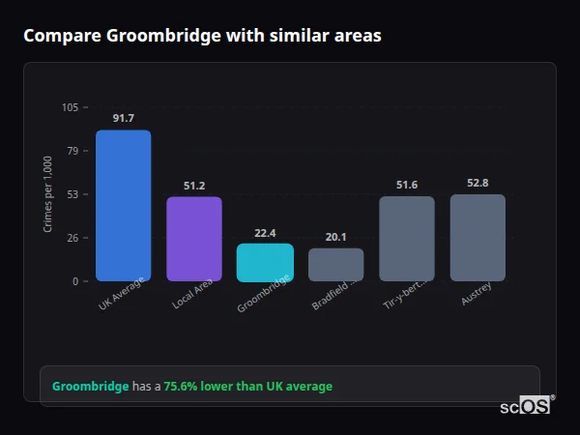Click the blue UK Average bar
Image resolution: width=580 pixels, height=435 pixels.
123,206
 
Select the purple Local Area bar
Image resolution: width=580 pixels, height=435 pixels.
194,239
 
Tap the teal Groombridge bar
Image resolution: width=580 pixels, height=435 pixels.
265,263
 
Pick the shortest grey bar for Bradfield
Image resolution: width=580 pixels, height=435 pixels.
335,265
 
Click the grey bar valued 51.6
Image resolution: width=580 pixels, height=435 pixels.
407,239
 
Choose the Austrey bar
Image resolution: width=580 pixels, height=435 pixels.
478,238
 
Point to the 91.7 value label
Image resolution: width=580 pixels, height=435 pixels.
123,118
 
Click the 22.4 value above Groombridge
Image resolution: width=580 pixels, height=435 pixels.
265,233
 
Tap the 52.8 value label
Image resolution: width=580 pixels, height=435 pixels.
478,183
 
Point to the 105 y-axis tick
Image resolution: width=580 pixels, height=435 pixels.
70,107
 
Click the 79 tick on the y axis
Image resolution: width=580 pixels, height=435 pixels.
72,151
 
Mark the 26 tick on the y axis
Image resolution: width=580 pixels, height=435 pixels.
72,238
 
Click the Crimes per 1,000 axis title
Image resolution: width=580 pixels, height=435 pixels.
48,193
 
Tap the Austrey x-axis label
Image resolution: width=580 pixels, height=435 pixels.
476,293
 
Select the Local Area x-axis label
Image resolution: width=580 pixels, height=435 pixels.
192,295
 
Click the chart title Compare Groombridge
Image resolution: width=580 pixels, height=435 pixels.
202,36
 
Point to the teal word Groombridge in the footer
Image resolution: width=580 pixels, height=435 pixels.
90,386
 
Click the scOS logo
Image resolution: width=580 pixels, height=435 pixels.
526,406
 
